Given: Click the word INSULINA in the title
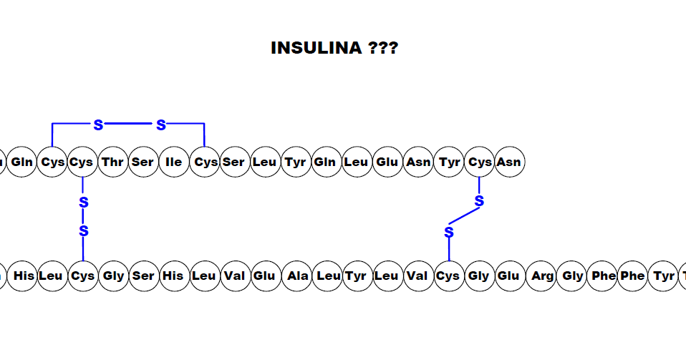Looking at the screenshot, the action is click(x=316, y=49).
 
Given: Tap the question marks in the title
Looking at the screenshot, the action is click(x=383, y=49).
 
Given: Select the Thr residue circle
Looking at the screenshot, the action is click(x=113, y=162).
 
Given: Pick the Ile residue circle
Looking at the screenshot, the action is click(x=173, y=162).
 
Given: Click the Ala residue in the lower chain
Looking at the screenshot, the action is click(x=296, y=276).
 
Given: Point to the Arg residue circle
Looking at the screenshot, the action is click(x=542, y=276).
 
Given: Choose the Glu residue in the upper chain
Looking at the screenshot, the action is click(x=387, y=162).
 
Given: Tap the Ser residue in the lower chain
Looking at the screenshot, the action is click(x=143, y=276).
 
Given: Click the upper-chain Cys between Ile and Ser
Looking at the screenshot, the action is click(x=206, y=162).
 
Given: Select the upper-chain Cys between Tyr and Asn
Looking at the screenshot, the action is click(x=479, y=162).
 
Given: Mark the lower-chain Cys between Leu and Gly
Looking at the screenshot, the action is click(x=82, y=276).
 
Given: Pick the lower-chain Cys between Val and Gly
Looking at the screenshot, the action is click(x=448, y=276).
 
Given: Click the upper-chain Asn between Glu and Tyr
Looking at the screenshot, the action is click(x=418, y=162).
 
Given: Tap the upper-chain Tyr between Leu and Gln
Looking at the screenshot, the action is click(x=295, y=162).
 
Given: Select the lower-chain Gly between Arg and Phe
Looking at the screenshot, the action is click(x=573, y=276).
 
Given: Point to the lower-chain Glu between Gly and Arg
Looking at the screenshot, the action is click(x=508, y=276).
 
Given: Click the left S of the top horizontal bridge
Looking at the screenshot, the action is click(x=98, y=125).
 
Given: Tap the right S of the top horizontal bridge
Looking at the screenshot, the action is click(x=161, y=125).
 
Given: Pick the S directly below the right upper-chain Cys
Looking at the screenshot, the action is click(x=479, y=202).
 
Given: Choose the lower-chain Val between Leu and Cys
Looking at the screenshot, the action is click(x=417, y=276).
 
